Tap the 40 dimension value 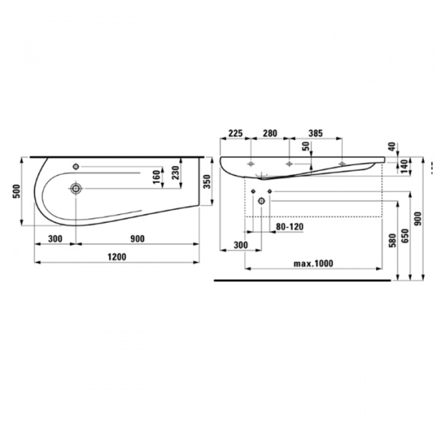click(x=392, y=147)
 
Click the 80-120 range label click(x=289, y=227)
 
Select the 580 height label click(x=392, y=238)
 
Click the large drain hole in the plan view click(x=76, y=189)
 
